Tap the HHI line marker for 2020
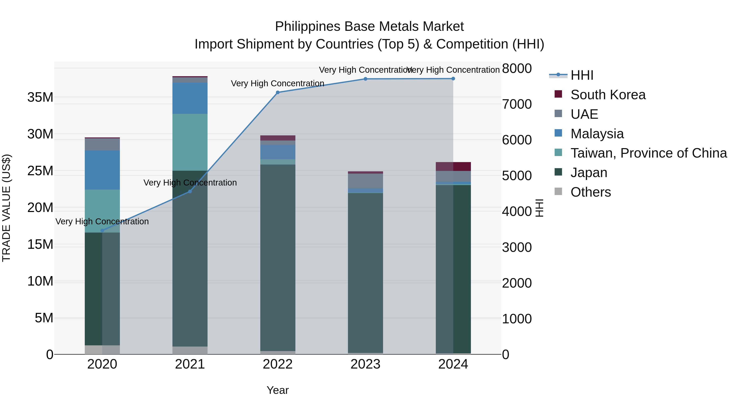tap(102, 230)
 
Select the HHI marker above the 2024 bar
tap(453, 79)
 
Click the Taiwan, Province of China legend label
tap(648, 153)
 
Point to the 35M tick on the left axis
tap(40, 97)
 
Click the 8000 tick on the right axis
tap(517, 69)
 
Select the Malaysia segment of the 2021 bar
tap(190, 98)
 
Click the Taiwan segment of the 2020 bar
tap(102, 211)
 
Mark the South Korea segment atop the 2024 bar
tap(453, 167)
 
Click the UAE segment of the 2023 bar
tap(365, 181)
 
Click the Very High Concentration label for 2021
tap(190, 183)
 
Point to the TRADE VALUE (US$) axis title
tap(6, 208)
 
